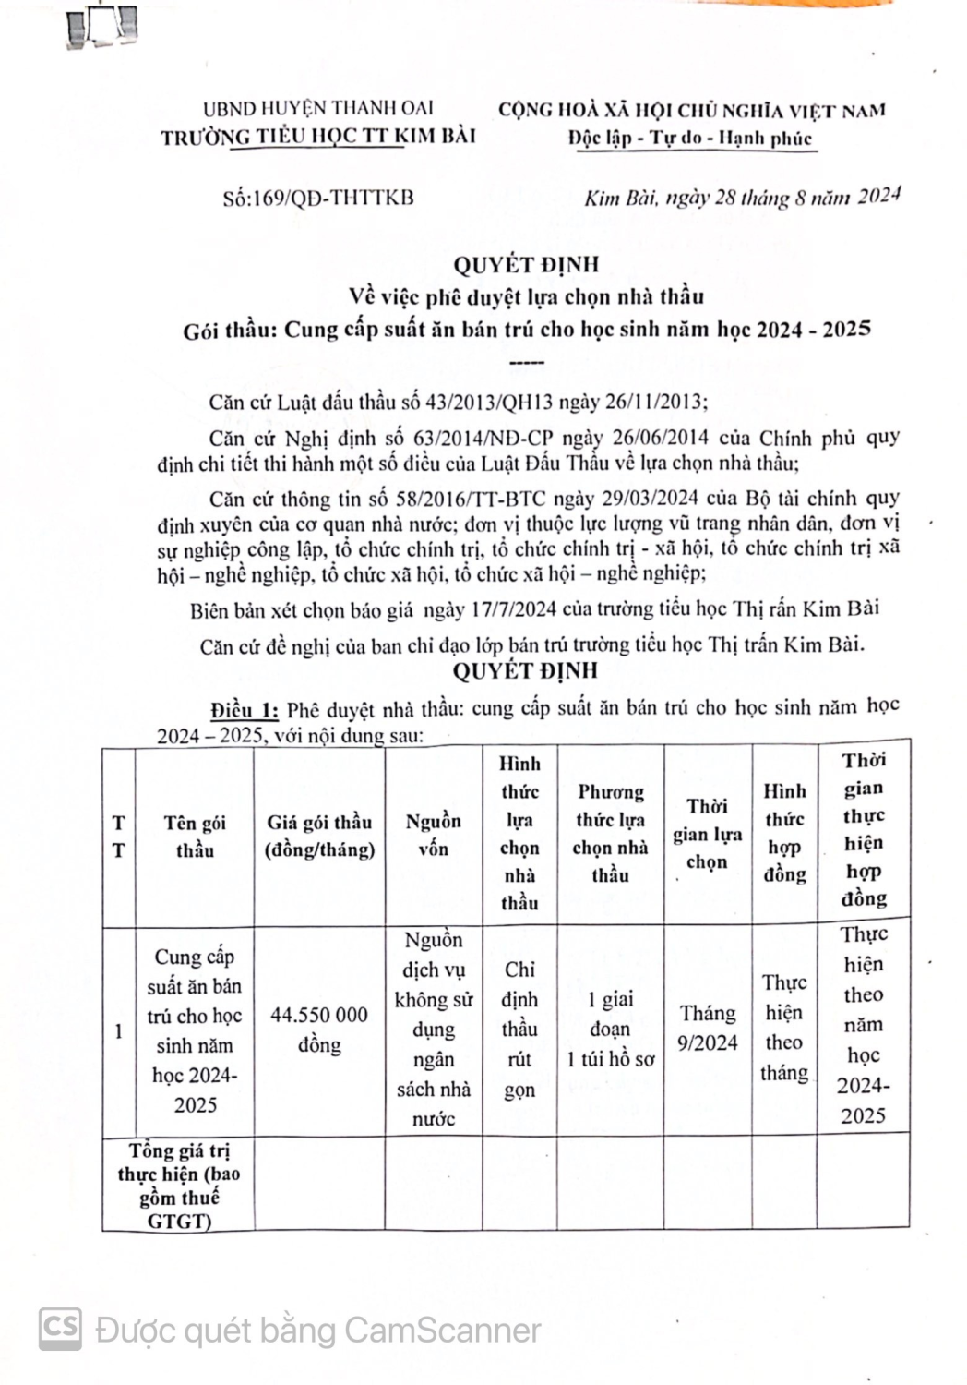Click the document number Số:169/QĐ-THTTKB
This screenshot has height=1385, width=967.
[x=317, y=198]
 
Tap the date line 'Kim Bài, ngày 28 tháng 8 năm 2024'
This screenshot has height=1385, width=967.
[x=742, y=197]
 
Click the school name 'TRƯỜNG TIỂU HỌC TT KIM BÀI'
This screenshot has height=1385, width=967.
[x=318, y=137]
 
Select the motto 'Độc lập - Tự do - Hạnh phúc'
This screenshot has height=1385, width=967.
[x=690, y=138]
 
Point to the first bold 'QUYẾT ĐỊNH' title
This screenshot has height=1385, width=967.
[x=526, y=265]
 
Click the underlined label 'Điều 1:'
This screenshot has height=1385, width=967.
[x=244, y=710]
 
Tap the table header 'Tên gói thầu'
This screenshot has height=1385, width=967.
[x=195, y=836]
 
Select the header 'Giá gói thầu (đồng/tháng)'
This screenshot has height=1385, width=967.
[x=319, y=836]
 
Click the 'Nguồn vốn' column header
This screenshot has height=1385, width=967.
[x=433, y=835]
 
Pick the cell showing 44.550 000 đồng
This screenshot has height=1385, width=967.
[x=319, y=1030]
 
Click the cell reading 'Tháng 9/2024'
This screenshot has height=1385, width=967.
[x=708, y=1028]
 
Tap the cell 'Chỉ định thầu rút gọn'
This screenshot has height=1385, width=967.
[x=519, y=1030]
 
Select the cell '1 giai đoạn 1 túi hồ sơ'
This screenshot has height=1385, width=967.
[x=610, y=1029]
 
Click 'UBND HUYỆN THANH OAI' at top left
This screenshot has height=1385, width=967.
[x=318, y=109]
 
